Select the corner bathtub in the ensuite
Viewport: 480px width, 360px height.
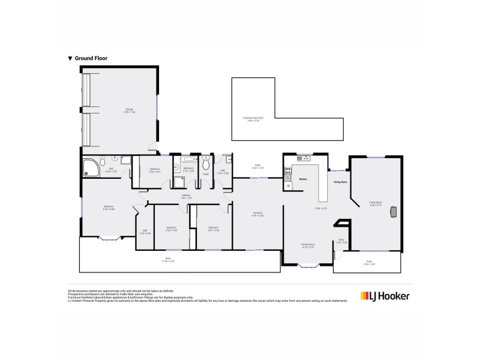[x=90, y=164]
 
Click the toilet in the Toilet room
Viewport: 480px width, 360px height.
[x=206, y=163]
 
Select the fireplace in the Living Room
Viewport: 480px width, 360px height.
[x=394, y=211]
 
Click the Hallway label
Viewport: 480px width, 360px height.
[x=186, y=196]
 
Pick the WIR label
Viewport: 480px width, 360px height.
[x=145, y=231]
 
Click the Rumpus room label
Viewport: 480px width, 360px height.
[x=258, y=214]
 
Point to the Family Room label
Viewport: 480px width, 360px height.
[x=308, y=245]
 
